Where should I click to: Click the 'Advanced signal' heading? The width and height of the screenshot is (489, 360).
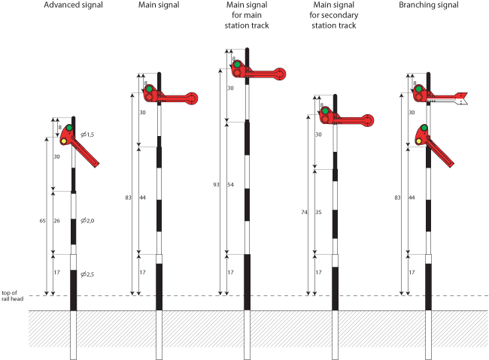(73, 6)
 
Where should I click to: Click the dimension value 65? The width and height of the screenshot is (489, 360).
(43, 220)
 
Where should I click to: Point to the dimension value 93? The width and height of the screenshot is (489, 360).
(217, 184)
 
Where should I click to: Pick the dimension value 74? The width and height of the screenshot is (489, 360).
(305, 213)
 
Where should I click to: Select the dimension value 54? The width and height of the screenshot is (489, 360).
(232, 184)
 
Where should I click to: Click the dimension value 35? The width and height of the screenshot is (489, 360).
(319, 213)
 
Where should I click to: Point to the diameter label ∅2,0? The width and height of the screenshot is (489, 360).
(87, 221)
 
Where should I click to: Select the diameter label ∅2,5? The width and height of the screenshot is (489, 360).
(87, 274)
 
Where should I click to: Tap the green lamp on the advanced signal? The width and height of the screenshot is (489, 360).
(68, 129)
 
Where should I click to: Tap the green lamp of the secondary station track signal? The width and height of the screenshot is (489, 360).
(325, 111)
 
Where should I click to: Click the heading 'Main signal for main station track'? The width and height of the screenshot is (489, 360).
(248, 16)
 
